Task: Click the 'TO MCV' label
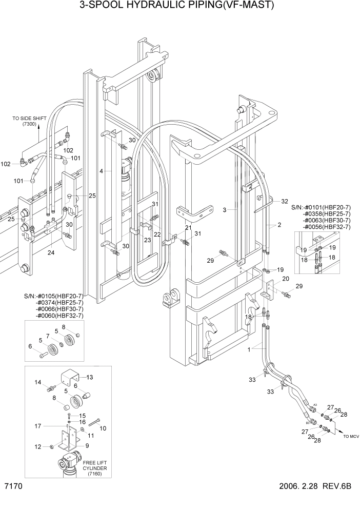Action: pos(352,436)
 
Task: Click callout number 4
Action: pos(102,170)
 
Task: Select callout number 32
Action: pos(285,202)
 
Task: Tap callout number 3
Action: pos(225,210)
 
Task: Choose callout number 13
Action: pos(90,377)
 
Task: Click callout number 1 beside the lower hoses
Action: pos(250,350)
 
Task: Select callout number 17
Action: pos(37,425)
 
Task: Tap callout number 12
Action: pos(37,447)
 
